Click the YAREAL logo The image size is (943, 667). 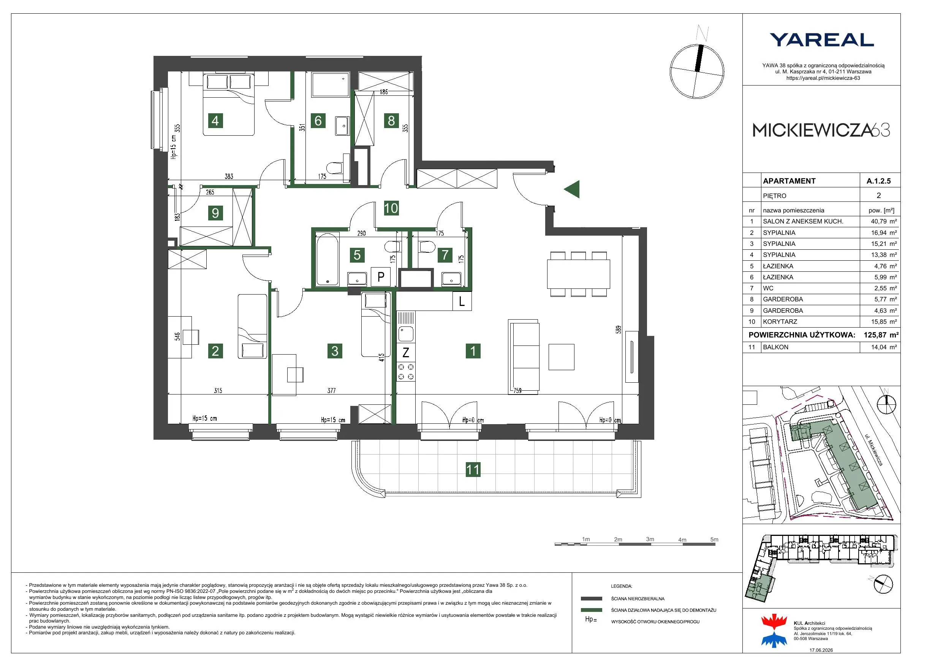pyautogui.click(x=821, y=40)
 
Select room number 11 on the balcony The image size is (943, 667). pyautogui.click(x=473, y=470)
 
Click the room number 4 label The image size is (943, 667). pyautogui.click(x=215, y=120)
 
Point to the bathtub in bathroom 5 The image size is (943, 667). pyautogui.click(x=328, y=259)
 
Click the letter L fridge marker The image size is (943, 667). pyautogui.click(x=462, y=301)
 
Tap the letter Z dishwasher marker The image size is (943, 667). pyautogui.click(x=406, y=352)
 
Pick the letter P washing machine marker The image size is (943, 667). pyautogui.click(x=381, y=277)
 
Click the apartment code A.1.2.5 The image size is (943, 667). pyautogui.click(x=878, y=181)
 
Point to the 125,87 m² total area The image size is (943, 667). pyautogui.click(x=881, y=335)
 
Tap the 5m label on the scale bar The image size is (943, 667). pyautogui.click(x=714, y=540)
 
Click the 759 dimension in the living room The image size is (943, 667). pyautogui.click(x=517, y=390)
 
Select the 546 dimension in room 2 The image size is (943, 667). pyautogui.click(x=177, y=337)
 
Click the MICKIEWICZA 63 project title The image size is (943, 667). pyautogui.click(x=821, y=130)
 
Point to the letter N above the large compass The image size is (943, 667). pyautogui.click(x=703, y=33)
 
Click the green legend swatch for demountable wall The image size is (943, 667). pyautogui.click(x=592, y=610)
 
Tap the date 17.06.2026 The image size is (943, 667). pyautogui.click(x=821, y=650)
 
